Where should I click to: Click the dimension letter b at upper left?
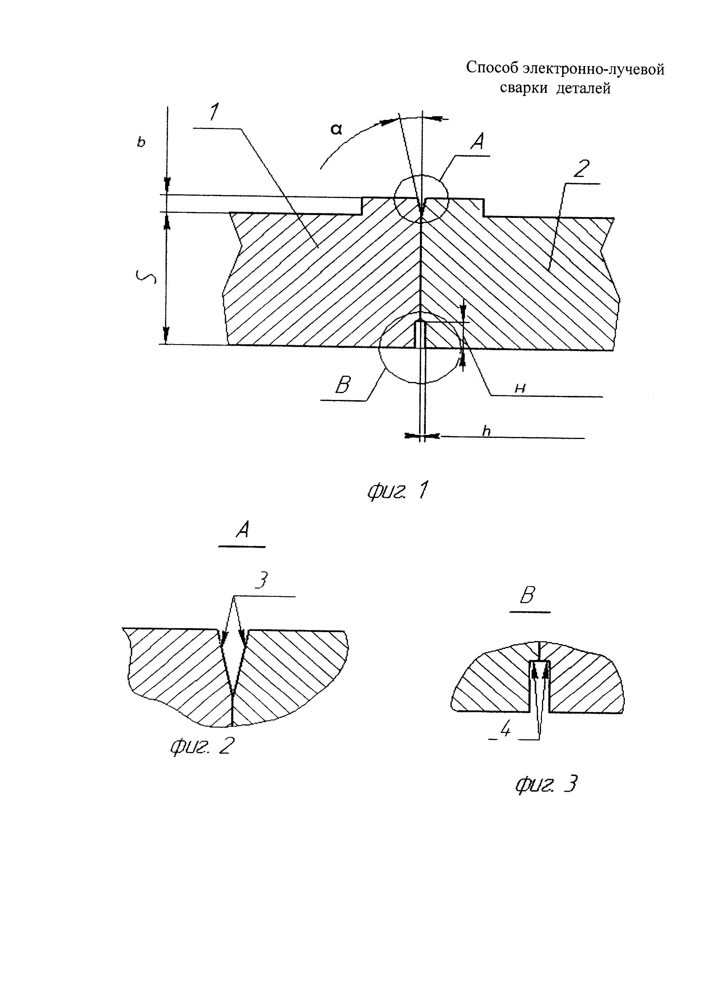point(141,142)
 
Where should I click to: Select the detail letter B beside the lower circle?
point(343,385)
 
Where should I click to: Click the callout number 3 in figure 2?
point(261,581)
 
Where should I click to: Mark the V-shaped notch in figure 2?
point(232,661)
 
